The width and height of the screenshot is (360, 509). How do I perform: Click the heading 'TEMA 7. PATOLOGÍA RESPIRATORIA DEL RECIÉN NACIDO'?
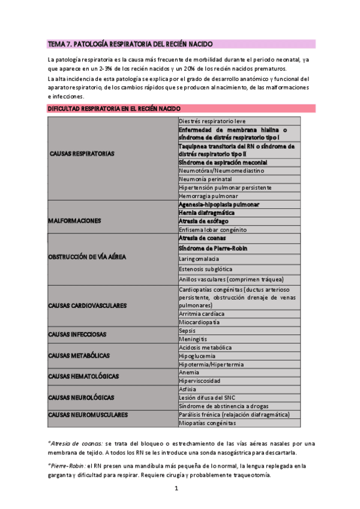(x=130, y=44)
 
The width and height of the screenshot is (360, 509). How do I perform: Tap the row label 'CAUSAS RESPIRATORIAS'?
(x=82, y=154)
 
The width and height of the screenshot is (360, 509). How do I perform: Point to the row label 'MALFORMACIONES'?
(x=74, y=221)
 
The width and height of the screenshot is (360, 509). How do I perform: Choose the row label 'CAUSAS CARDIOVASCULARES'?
(x=87, y=306)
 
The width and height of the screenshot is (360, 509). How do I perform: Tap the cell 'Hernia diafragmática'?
(x=206, y=212)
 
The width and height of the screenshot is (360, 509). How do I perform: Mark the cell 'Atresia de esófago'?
(x=203, y=221)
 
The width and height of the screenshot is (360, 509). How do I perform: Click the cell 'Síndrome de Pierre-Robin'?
(x=214, y=248)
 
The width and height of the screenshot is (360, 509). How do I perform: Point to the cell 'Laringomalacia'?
(x=199, y=259)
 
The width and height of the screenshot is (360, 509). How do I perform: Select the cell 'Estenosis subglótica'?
(x=205, y=269)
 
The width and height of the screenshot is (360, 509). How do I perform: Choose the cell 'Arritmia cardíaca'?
(x=202, y=314)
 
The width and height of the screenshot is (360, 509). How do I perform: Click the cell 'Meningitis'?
(x=192, y=339)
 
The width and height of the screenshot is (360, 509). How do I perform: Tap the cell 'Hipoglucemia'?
(x=197, y=355)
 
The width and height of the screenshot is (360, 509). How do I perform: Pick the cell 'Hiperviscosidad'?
(x=200, y=381)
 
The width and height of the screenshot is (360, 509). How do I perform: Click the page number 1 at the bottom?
(x=176, y=488)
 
